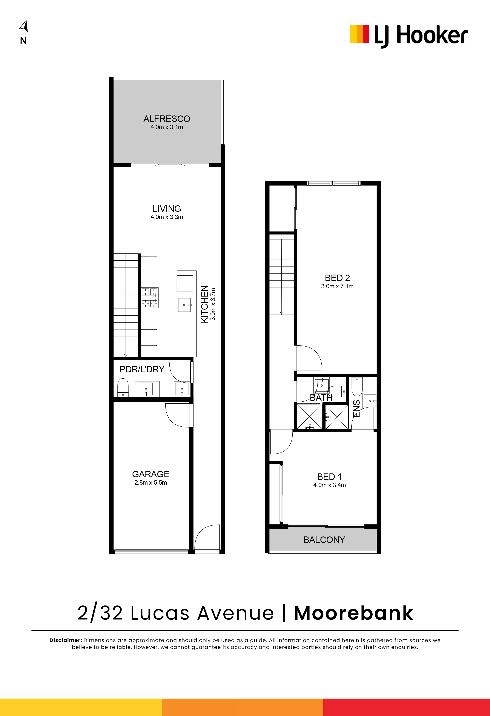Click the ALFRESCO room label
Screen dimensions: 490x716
point(167,119)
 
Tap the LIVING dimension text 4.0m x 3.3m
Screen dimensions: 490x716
point(167,217)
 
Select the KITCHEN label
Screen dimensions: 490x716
point(204,304)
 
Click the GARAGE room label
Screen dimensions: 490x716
point(151,474)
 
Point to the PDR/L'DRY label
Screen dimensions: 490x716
point(142,369)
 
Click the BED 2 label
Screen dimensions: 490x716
point(337,278)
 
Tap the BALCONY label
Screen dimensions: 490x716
point(324,540)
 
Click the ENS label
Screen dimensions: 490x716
point(356,409)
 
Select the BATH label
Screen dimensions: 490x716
point(321,398)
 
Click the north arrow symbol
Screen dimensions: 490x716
point(24,26)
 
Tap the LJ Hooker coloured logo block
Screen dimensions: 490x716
point(359,34)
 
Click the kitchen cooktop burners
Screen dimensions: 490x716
point(150,298)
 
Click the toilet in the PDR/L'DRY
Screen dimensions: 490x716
point(123,388)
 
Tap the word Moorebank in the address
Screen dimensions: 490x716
point(353,613)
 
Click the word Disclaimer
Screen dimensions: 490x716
point(66,640)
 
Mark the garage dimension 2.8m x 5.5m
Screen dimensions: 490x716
point(151,483)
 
